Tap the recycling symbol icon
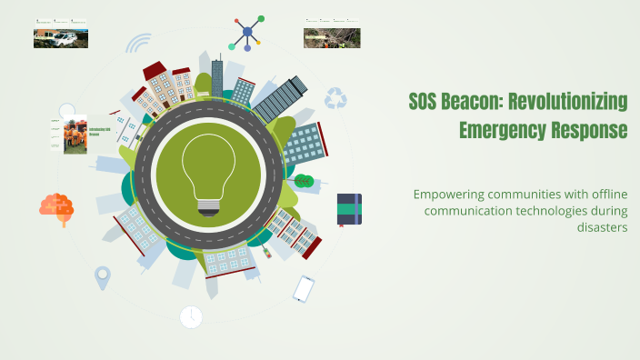click(x=336, y=97)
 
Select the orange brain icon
click(x=56, y=206)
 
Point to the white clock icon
click(x=191, y=316)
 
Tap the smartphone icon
click(x=303, y=289)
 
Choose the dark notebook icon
click(x=349, y=209)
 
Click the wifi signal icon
click(x=138, y=44)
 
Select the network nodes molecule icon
click(x=246, y=33)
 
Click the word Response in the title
click(x=589, y=130)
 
